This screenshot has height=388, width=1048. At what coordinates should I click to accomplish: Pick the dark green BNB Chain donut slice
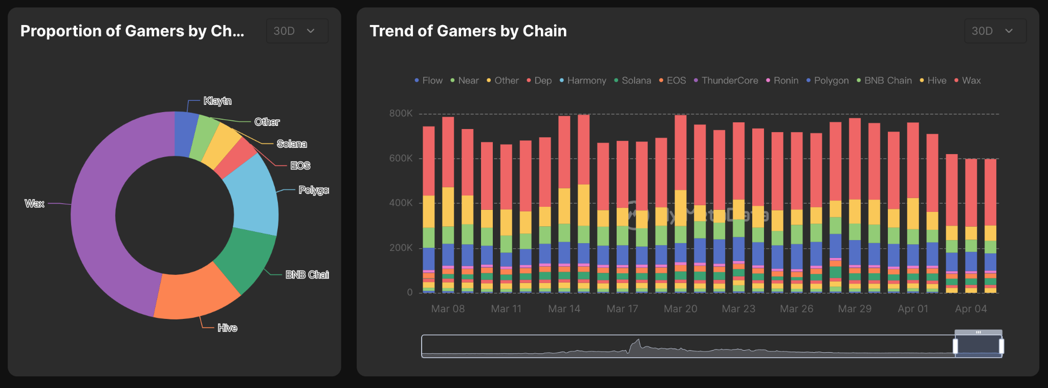(246, 256)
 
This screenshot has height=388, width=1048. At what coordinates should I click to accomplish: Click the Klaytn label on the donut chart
(217, 101)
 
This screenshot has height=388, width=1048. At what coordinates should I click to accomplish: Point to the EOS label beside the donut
(300, 165)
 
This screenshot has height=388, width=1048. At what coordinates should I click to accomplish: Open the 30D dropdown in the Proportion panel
(297, 31)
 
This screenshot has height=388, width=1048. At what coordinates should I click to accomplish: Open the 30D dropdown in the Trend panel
(995, 31)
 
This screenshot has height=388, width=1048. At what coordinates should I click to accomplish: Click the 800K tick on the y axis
(401, 113)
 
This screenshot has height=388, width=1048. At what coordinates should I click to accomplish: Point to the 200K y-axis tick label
(401, 248)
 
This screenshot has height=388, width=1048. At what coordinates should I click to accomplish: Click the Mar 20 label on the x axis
(680, 309)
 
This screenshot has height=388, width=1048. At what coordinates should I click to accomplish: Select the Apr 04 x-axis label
(971, 309)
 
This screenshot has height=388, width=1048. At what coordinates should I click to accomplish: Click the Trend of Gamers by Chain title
(468, 31)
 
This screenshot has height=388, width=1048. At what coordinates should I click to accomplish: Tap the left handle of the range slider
(955, 346)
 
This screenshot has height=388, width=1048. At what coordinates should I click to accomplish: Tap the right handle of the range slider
(1001, 346)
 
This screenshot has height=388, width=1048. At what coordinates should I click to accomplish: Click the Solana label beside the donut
(292, 144)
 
